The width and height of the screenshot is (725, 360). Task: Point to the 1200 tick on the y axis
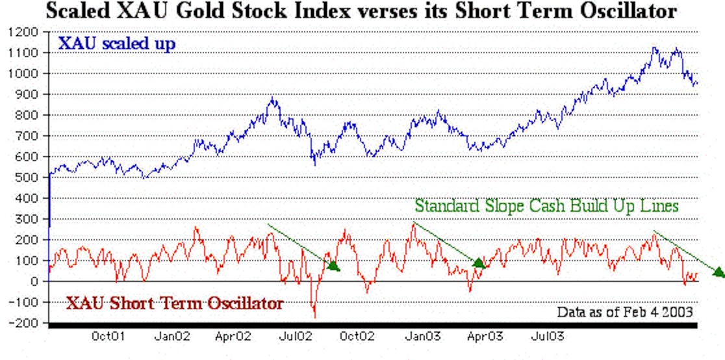tap(25, 32)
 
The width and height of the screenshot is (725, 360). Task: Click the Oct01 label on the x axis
tap(108, 337)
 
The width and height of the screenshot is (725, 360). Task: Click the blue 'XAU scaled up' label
tap(117, 44)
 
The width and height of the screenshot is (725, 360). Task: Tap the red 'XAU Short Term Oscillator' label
tap(175, 303)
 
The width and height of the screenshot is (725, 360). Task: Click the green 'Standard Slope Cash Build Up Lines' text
tap(546, 206)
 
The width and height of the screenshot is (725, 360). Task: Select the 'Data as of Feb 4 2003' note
tap(625, 312)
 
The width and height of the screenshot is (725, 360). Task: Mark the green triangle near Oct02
tap(333, 265)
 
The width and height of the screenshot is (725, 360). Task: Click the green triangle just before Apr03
tap(479, 263)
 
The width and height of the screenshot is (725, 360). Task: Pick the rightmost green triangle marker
tap(719, 272)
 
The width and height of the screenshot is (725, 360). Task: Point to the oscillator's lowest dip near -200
tap(315, 316)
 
